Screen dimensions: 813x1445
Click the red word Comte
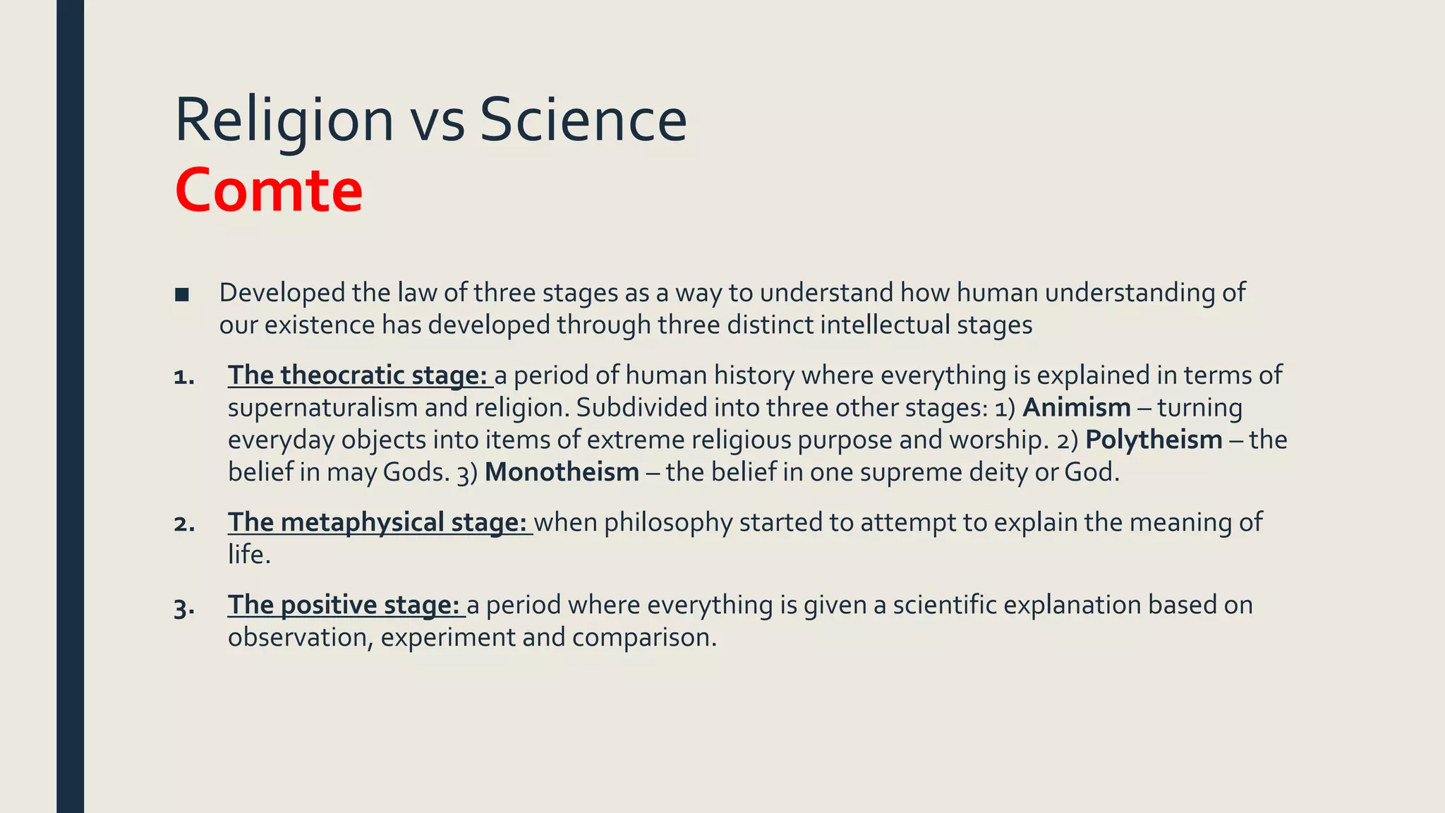point(269,191)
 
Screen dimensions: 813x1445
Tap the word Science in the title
point(583,120)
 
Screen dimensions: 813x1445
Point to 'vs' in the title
point(437,121)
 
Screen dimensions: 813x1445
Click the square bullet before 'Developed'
point(182,294)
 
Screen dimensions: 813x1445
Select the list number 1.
point(183,377)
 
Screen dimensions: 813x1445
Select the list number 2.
point(183,524)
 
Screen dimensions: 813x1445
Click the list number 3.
point(183,607)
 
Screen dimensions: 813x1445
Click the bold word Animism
point(1077,408)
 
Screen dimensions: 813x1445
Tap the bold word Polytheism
point(1154,440)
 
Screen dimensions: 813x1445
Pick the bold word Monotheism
point(562,472)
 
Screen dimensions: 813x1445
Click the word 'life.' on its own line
point(249,555)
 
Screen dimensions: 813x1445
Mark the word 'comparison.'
point(644,638)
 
